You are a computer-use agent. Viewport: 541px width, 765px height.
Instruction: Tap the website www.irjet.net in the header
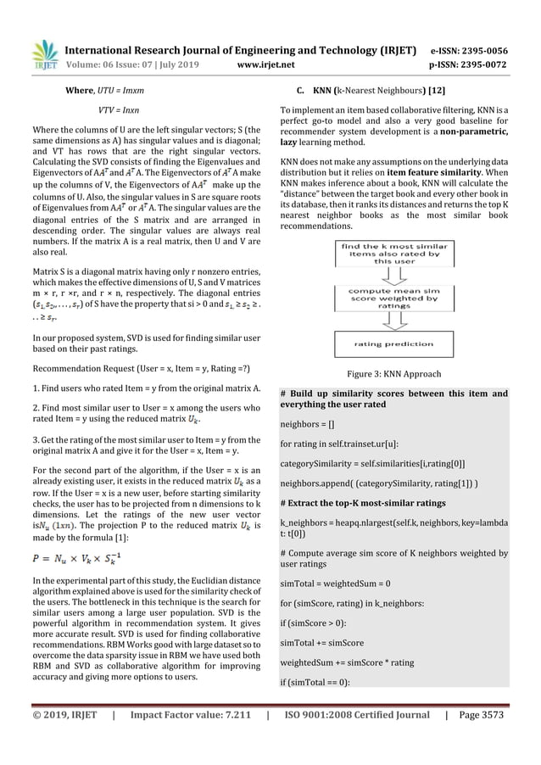(x=266, y=62)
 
